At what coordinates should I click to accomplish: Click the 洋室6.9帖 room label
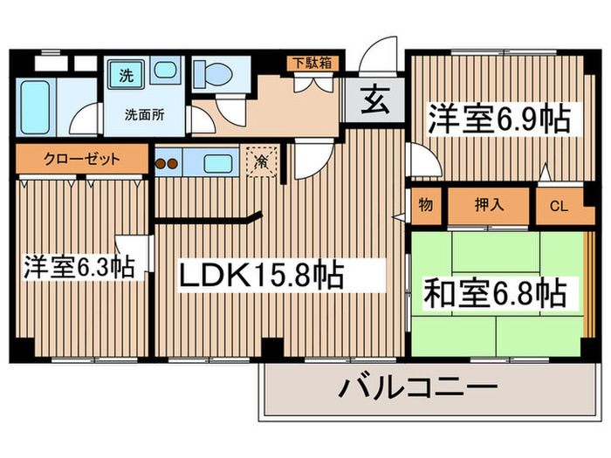click(498, 119)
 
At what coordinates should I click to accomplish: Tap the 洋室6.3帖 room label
click(79, 266)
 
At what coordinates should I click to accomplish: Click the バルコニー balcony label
click(417, 386)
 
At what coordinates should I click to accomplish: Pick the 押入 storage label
click(488, 206)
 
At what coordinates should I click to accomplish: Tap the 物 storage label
click(425, 206)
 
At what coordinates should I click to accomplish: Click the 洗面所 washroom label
click(141, 113)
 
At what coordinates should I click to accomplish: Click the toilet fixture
click(211, 73)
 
